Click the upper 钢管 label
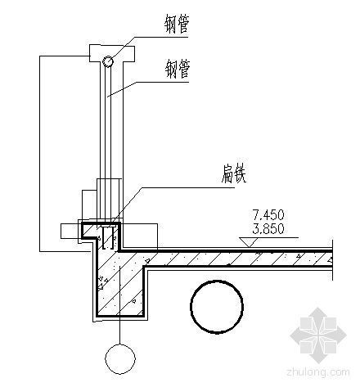tap(177, 25)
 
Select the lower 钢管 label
tap(177, 70)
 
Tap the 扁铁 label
tap(234, 173)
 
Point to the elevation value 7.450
tap(268, 215)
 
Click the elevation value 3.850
tap(268, 229)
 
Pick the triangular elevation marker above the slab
tap(249, 242)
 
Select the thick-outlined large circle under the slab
tap(217, 306)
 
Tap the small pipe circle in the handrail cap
tap(108, 61)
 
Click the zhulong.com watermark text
tap(318, 372)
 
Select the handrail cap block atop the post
tap(112, 53)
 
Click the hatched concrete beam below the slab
tap(120, 284)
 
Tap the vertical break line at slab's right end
tap(332, 260)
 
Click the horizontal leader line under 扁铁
tap(188, 187)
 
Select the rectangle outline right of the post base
tap(139, 236)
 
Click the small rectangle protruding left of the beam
tap(70, 232)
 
